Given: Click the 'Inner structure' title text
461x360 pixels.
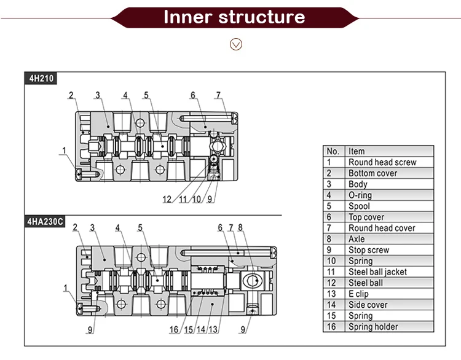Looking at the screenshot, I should point(234,17).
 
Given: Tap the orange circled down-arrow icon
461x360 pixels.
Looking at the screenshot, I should point(236,44).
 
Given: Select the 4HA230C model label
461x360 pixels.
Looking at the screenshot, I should point(45,221).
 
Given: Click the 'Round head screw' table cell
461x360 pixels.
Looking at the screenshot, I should point(382,162).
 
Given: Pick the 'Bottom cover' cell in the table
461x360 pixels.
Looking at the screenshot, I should point(372,173).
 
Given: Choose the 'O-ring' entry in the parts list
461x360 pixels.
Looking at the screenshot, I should point(360,195).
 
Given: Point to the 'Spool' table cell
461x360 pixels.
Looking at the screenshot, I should point(359,206).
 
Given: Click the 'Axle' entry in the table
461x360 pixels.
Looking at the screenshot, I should point(357,239).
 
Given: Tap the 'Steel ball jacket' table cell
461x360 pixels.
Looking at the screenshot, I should point(377,272).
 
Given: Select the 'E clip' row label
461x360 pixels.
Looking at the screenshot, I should point(358,294).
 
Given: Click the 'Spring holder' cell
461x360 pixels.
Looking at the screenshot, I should point(373,327).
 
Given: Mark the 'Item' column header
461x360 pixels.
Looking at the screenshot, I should point(357,151).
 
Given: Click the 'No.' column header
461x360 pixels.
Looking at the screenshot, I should point(333,151).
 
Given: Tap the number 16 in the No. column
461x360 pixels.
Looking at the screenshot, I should point(331,327).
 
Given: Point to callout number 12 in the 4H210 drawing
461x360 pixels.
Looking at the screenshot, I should point(167,199).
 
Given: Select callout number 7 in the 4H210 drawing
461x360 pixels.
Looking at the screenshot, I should point(218,95).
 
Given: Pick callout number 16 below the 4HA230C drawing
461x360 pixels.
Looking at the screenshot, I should point(175,330).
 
